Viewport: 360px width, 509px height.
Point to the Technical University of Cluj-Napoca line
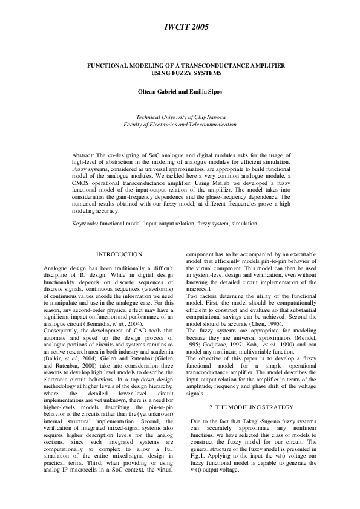click(x=180, y=116)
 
